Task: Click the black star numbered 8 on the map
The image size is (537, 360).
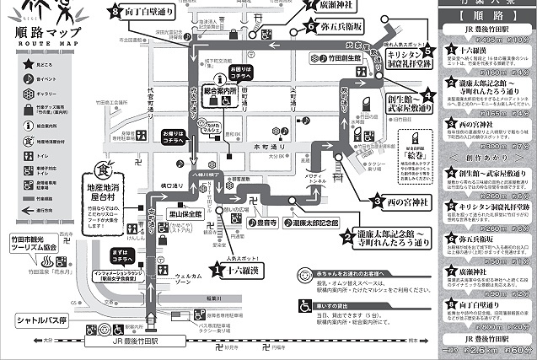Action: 115,11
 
